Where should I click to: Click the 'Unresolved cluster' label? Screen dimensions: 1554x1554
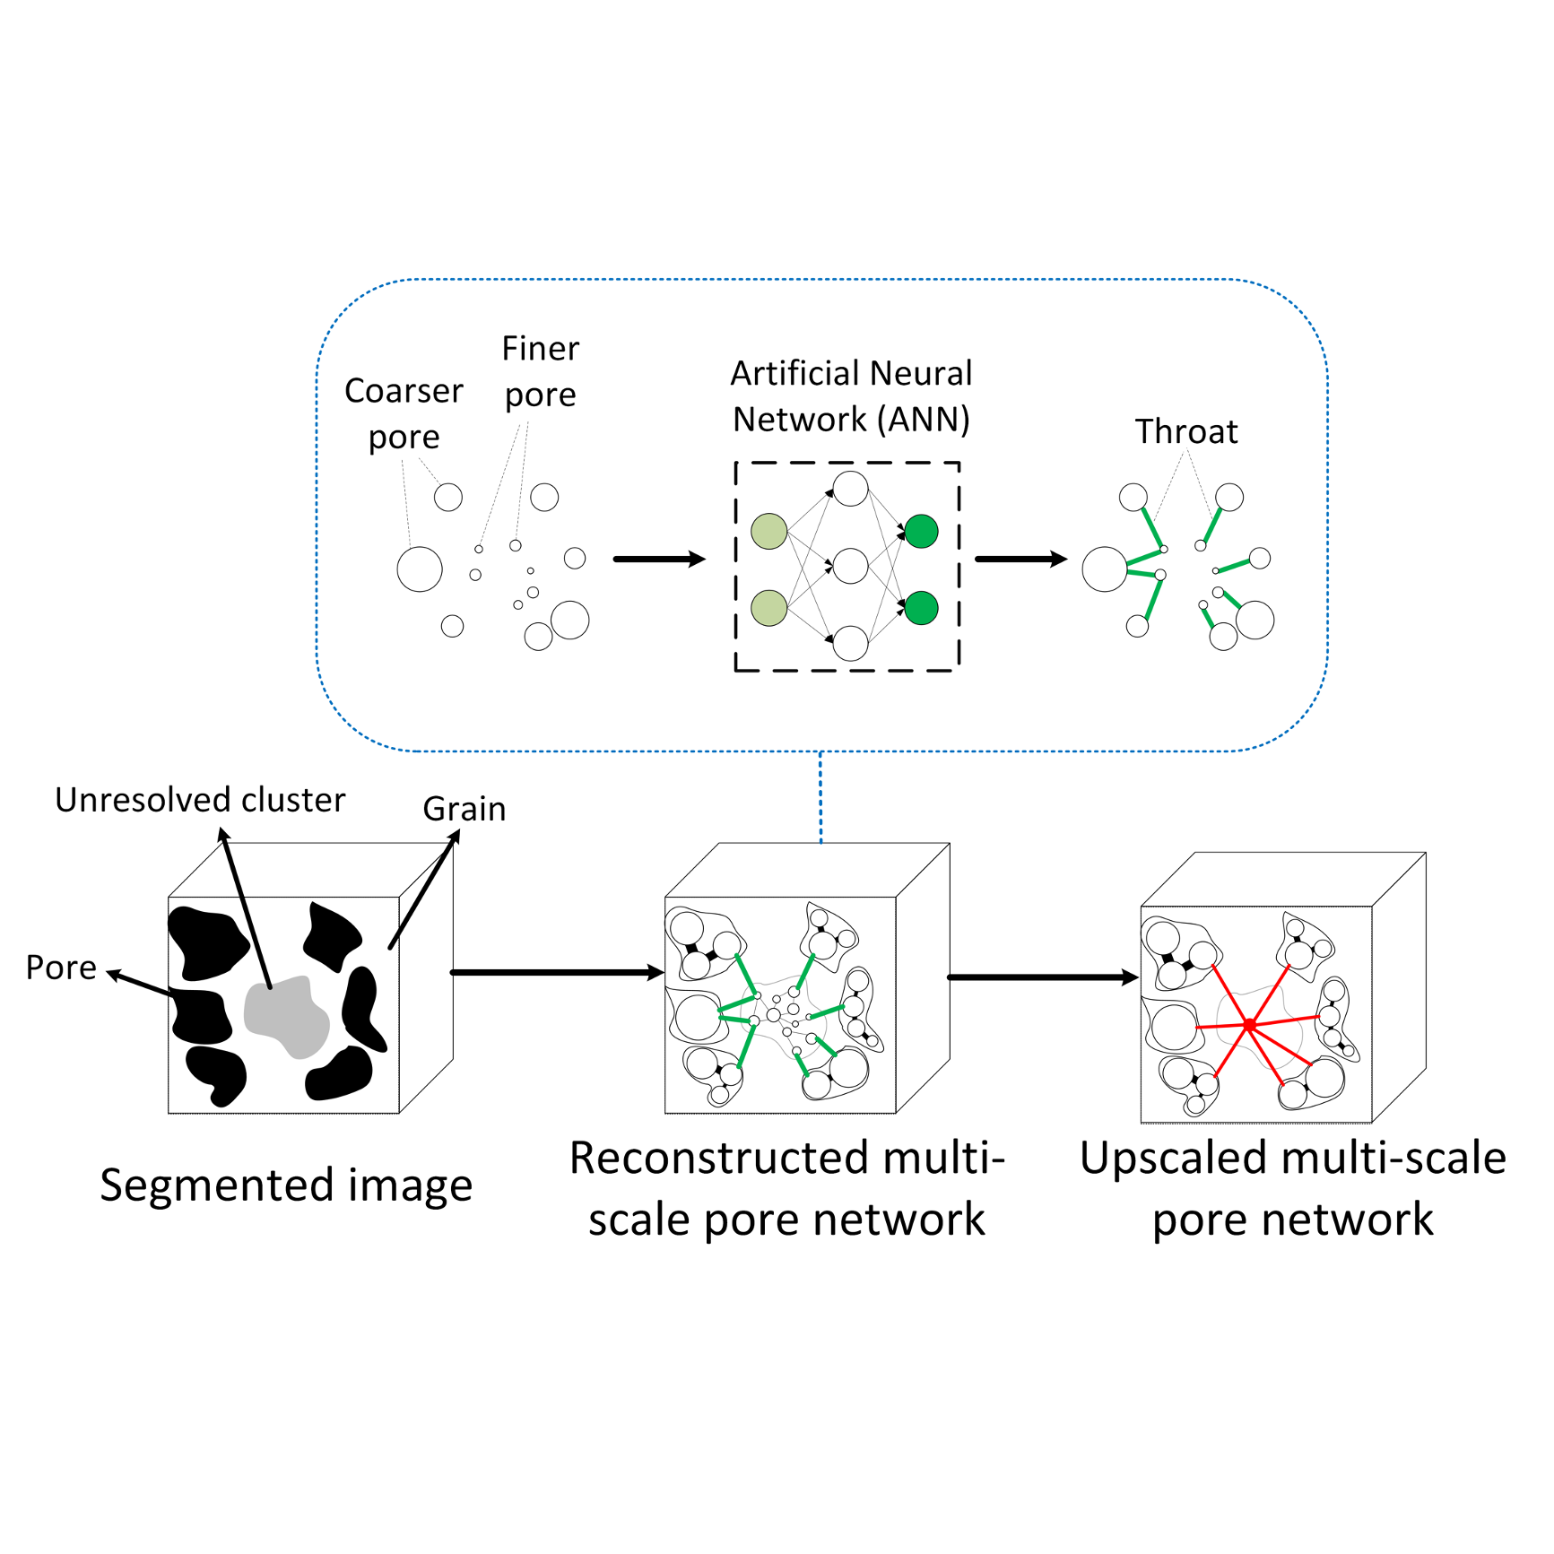click(x=200, y=800)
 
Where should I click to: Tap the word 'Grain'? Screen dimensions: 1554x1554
click(x=464, y=809)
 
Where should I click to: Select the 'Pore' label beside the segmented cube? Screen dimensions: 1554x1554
click(x=61, y=968)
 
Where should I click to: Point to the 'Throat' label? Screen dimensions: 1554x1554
click(x=1186, y=431)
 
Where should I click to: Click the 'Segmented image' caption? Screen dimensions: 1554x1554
click(x=286, y=1185)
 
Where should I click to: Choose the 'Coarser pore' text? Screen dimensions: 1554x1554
click(x=404, y=413)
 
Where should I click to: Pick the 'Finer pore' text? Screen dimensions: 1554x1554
click(x=541, y=371)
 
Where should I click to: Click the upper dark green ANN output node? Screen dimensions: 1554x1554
click(x=922, y=532)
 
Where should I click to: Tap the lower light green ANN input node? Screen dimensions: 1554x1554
click(x=768, y=608)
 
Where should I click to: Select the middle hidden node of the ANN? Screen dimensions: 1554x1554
click(x=850, y=567)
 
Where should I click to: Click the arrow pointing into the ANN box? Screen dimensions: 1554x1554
click(x=659, y=560)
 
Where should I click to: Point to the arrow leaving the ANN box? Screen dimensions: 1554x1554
click(x=1020, y=560)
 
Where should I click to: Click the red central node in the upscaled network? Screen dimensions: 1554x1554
click(x=1249, y=1024)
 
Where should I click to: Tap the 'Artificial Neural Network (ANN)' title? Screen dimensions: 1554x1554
click(x=851, y=396)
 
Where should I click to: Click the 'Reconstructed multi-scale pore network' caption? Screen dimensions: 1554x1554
click(x=787, y=1188)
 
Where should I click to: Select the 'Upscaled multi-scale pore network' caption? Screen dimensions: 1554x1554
click(x=1292, y=1188)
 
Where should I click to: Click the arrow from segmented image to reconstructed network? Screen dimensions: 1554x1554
click(x=556, y=973)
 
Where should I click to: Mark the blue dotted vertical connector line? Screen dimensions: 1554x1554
click(x=820, y=797)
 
